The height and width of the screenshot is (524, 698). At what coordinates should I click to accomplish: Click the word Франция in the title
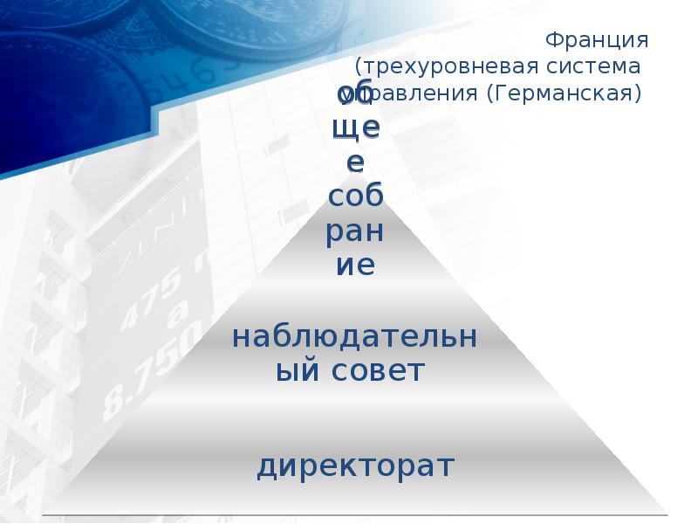595,40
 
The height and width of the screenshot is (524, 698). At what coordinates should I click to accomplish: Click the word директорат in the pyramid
355,465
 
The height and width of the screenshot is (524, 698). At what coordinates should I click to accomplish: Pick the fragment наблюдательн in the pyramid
355,336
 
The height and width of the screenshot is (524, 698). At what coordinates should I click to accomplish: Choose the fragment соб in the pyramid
355,196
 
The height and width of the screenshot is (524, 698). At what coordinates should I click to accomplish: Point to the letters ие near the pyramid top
356,265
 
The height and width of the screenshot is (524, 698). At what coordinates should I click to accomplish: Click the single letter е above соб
356,162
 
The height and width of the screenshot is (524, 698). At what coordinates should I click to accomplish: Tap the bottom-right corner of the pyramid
665,512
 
